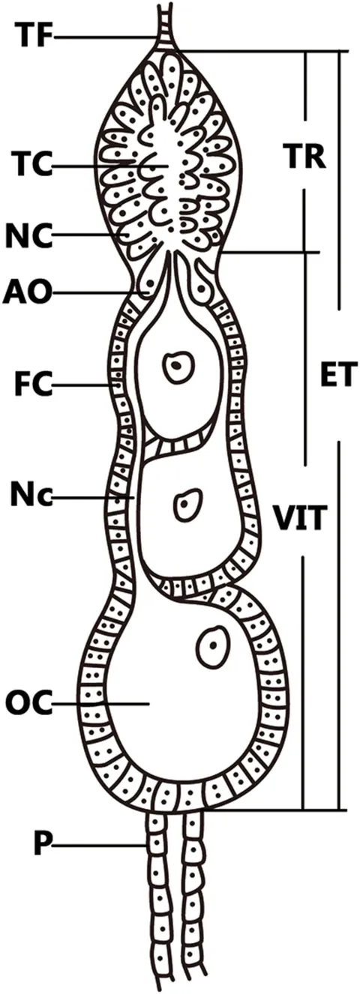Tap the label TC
31,164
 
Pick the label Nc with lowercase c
31,498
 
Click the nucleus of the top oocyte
178,367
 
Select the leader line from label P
100,846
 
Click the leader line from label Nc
93,498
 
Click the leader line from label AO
100,293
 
